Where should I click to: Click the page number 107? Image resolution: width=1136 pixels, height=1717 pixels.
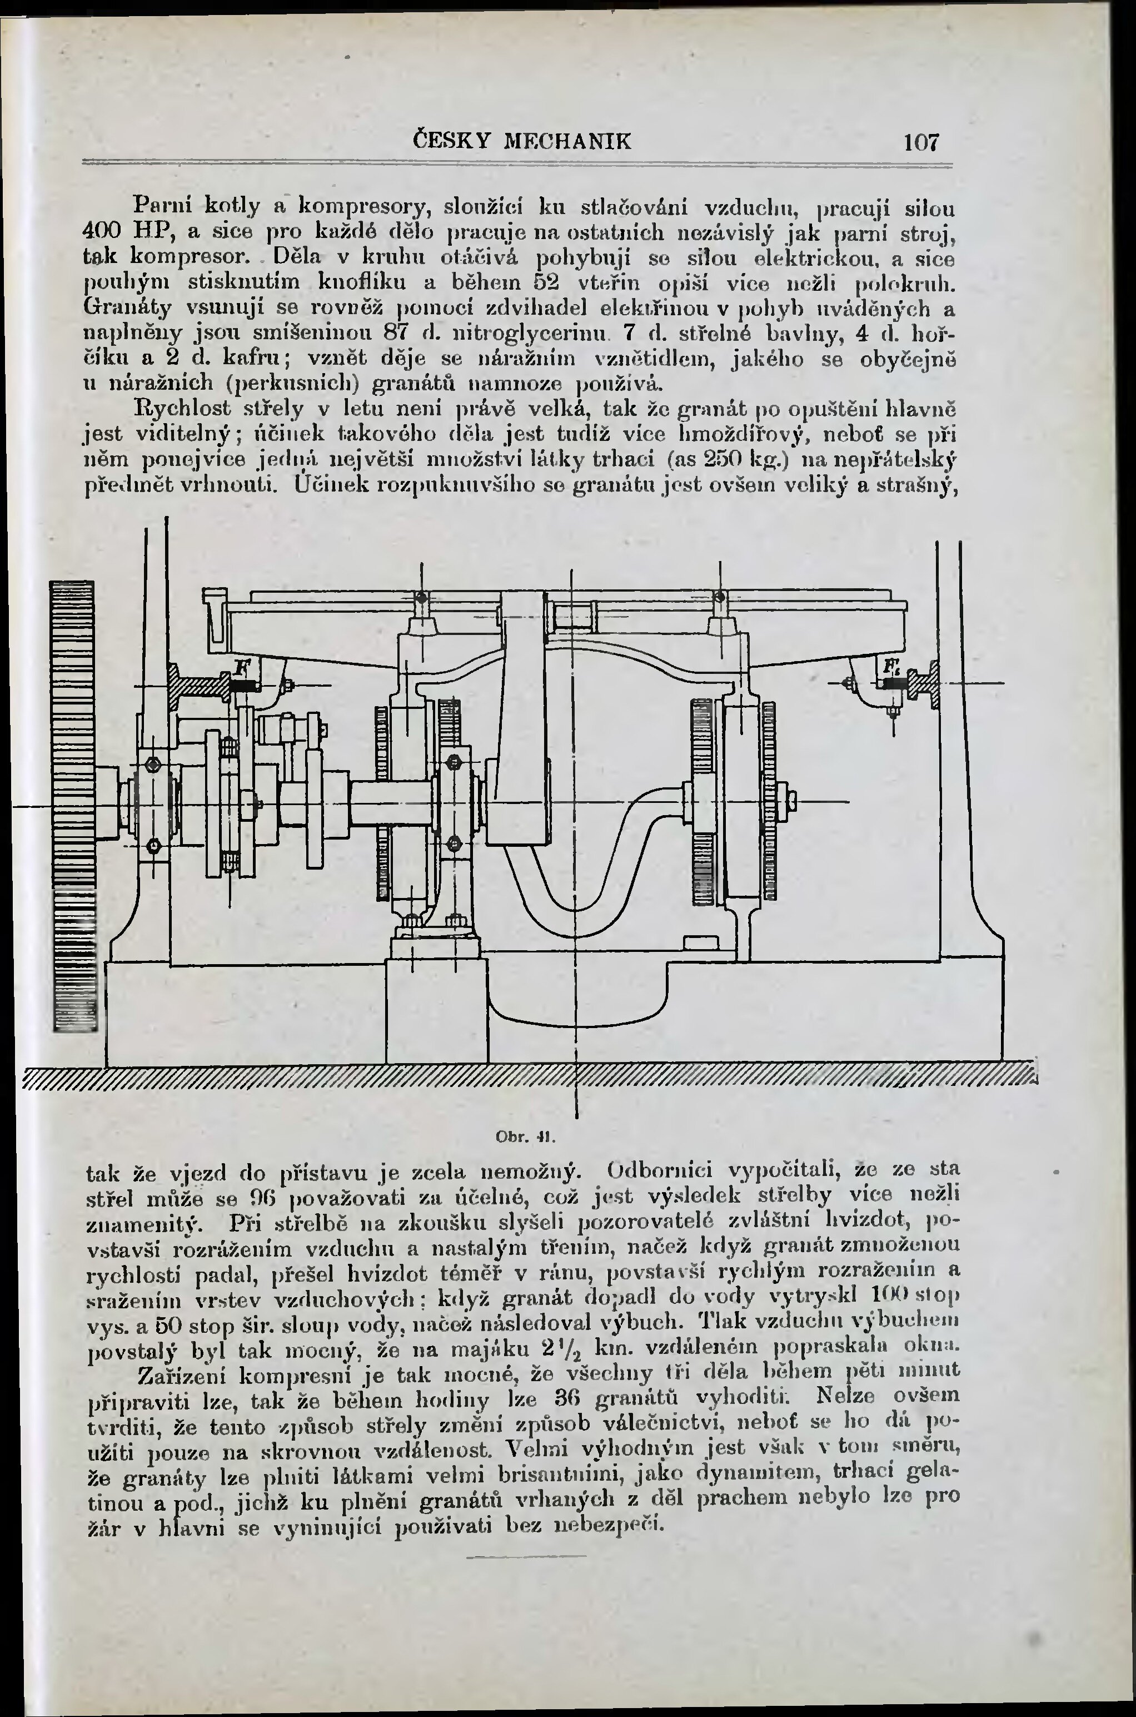click(x=921, y=141)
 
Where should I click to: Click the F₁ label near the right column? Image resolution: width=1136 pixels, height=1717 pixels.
click(x=889, y=667)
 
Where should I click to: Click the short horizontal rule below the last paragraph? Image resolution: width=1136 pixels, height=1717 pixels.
click(x=527, y=1555)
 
